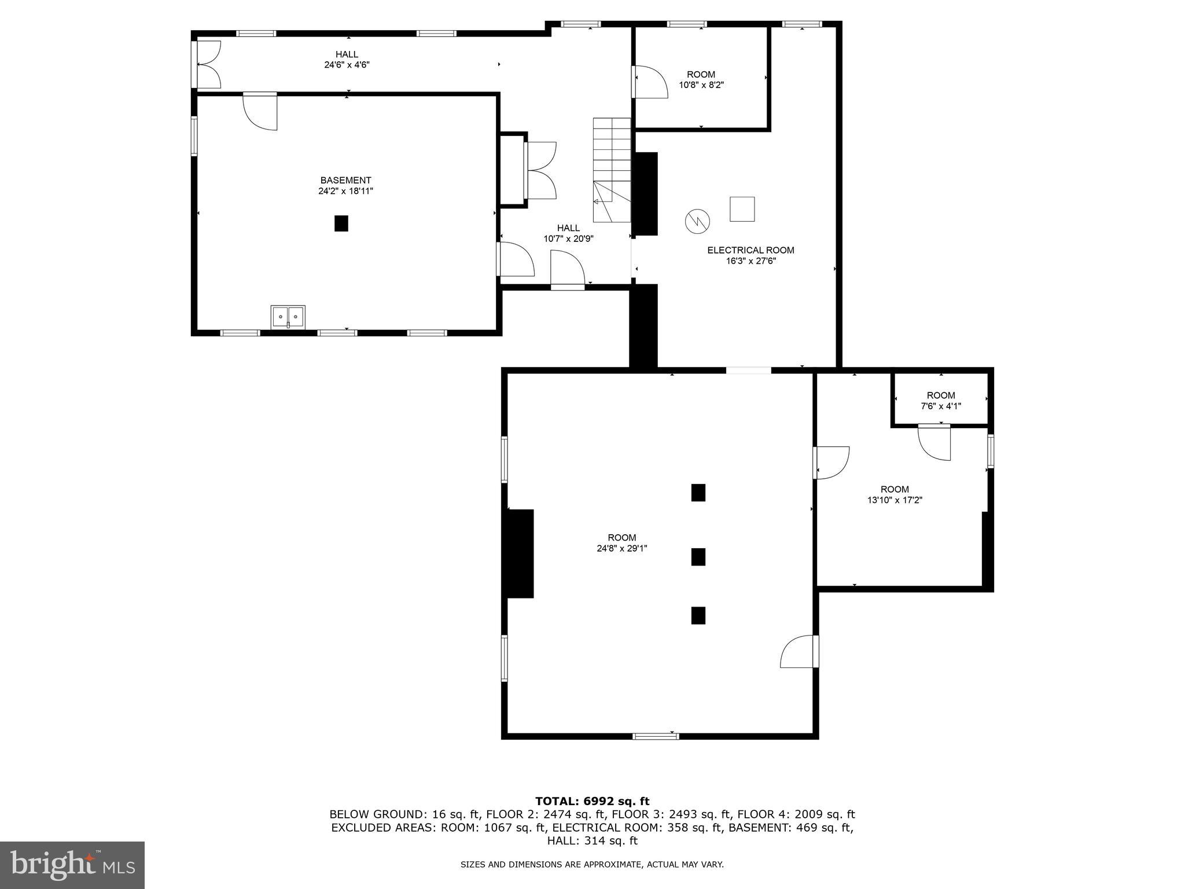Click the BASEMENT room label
click(345, 181)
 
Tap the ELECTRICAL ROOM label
click(750, 250)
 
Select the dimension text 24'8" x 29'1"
click(621, 548)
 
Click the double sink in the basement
click(288, 317)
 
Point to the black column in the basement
click(341, 223)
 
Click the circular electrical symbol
click(697, 221)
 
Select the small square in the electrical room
click(742, 209)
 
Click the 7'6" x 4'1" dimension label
click(941, 406)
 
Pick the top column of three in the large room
click(698, 493)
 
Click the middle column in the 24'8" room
click(698, 557)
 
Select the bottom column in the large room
click(698, 615)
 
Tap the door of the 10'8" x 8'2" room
click(650, 82)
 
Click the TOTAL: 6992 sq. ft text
click(592, 801)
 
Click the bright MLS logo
click(72, 865)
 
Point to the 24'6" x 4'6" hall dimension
click(347, 65)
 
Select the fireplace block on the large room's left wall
click(520, 553)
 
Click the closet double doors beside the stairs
click(541, 171)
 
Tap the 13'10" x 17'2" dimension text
click(895, 500)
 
